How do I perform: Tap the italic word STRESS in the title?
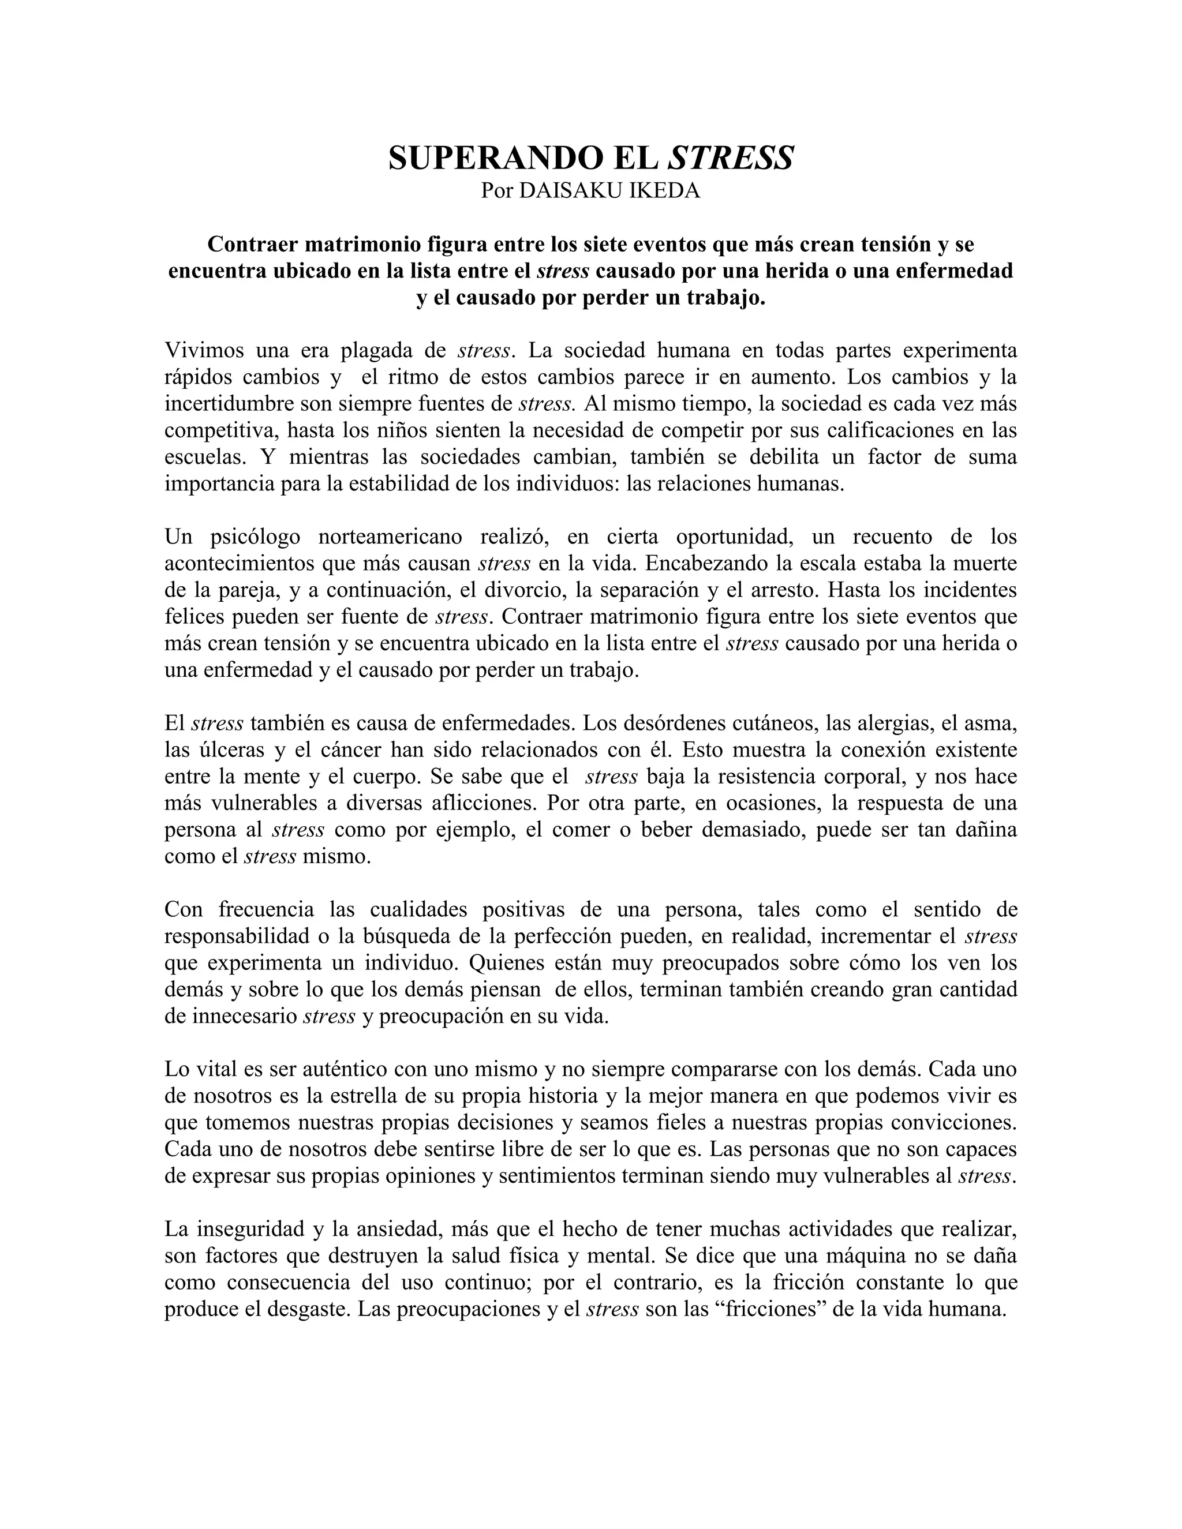pyautogui.click(x=730, y=158)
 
